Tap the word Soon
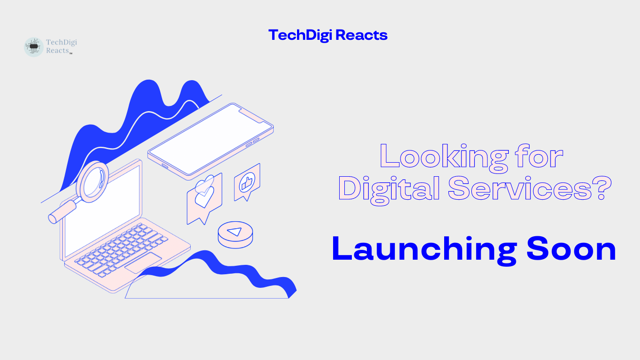571,249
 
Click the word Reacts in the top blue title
361,35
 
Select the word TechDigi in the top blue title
300,36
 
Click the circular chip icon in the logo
34,47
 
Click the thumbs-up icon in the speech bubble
247,182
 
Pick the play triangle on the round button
235,232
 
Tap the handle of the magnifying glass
63,211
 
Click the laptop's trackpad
143,263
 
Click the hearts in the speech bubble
204,192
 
